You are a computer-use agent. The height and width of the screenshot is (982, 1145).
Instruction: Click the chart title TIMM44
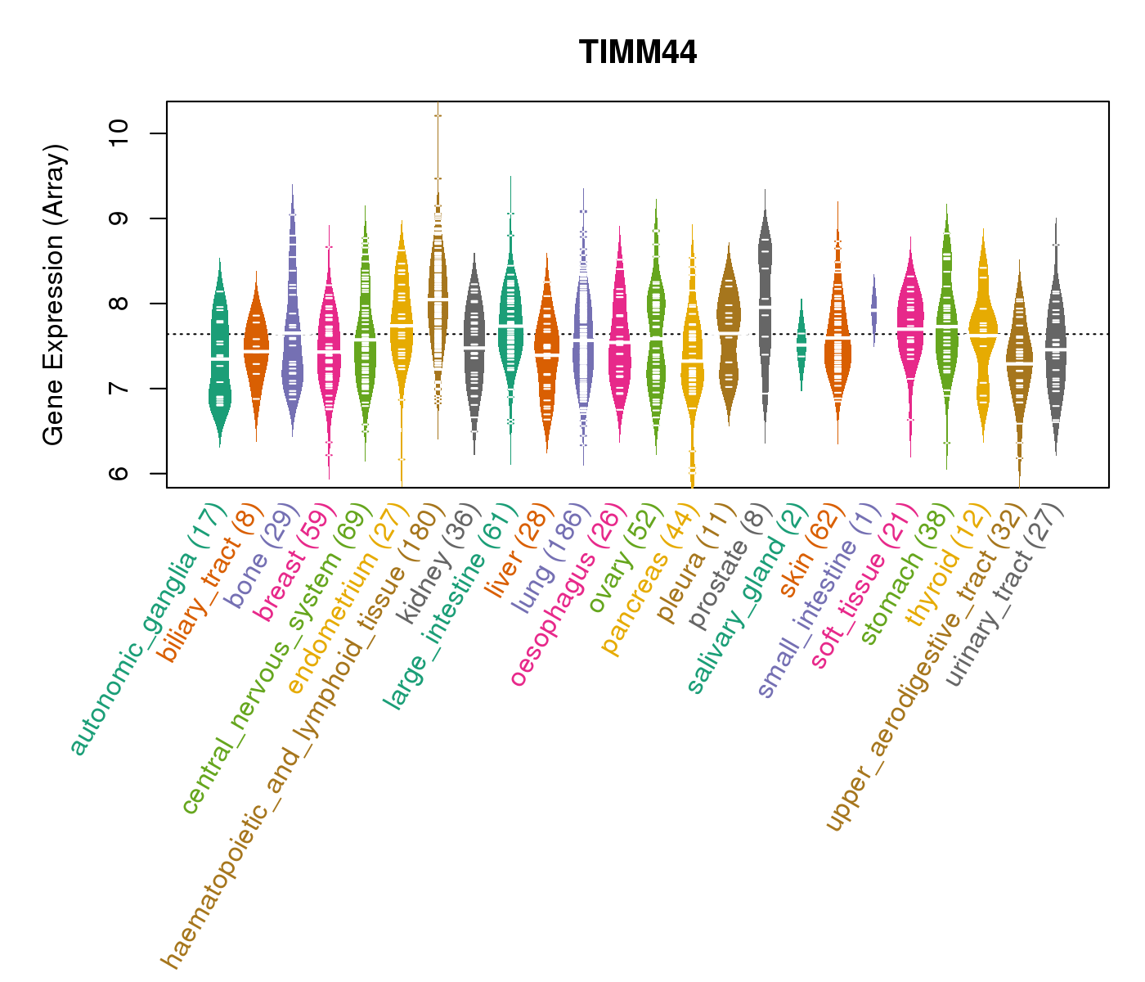tap(638, 53)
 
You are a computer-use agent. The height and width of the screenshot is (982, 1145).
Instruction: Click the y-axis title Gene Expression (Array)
tap(54, 295)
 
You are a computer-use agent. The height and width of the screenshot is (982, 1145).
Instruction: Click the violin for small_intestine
tap(873, 311)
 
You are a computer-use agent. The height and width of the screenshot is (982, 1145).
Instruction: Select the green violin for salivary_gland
tap(801, 344)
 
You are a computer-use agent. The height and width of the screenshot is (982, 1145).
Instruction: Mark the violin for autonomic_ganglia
tap(219, 352)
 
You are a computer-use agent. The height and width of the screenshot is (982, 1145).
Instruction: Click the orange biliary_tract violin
tap(256, 352)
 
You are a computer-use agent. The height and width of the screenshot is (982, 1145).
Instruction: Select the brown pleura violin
tap(728, 327)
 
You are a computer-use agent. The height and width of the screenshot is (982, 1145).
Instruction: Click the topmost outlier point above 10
tap(438, 115)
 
